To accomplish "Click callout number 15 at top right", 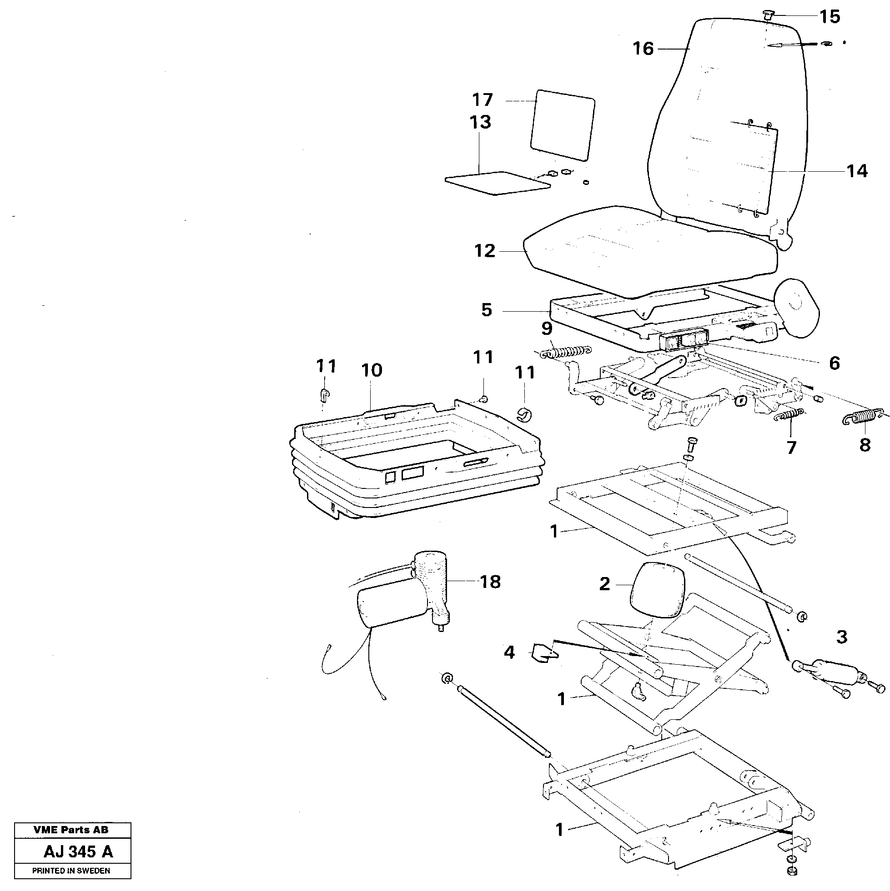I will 830,17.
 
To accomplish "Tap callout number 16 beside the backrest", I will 644,49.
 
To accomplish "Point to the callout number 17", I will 483,100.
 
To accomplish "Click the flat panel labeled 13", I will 498,183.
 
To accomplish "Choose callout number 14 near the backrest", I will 857,171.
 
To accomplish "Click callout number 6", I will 834,363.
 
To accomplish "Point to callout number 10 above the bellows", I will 372,370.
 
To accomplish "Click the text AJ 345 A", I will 78,851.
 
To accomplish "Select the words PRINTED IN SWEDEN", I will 71,871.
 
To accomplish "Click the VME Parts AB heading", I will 71,830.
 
